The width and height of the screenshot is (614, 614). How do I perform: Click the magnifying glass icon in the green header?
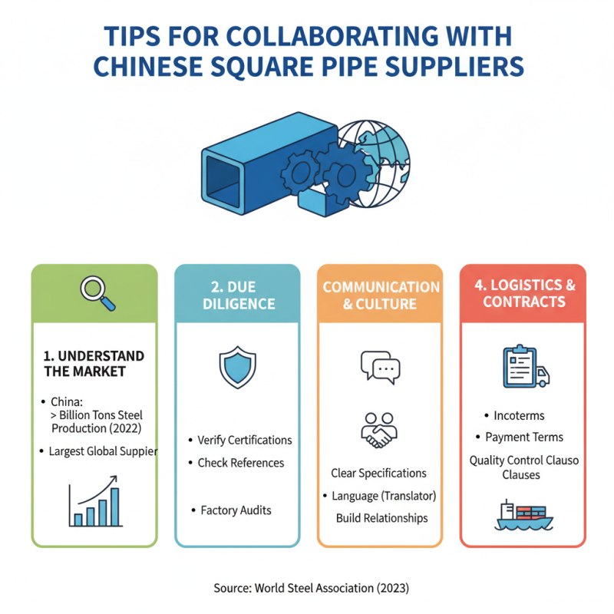tap(97, 293)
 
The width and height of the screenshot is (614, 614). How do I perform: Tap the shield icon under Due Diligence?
tap(237, 368)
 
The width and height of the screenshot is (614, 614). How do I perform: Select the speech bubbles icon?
tap(380, 368)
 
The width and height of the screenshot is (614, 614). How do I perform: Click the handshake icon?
tap(378, 431)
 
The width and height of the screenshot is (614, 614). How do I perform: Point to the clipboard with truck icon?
tap(526, 367)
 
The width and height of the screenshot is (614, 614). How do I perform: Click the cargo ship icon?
tap(523, 515)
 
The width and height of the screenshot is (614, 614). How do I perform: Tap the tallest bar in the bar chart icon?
tap(114, 507)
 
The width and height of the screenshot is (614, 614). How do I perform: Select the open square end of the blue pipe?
tap(223, 182)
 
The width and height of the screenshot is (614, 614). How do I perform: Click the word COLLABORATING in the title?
tap(332, 36)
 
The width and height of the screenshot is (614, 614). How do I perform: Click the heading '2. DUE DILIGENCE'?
tap(239, 295)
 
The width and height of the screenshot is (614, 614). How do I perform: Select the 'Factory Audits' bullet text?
tap(236, 510)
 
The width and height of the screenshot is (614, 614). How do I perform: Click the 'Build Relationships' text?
tap(381, 518)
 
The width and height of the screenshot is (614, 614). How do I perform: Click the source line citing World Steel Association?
tap(312, 588)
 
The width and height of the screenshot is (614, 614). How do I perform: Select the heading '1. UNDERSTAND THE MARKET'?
tap(94, 363)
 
